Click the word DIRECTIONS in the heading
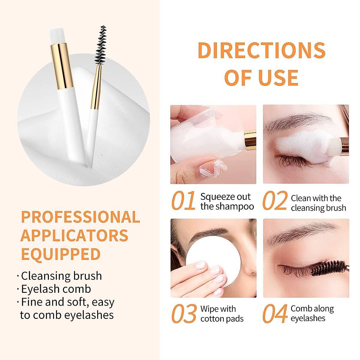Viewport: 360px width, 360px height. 262,50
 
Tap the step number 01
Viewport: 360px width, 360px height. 183,201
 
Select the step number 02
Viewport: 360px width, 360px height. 275,201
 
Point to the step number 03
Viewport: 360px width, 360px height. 183,314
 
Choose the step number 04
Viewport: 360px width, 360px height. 275,314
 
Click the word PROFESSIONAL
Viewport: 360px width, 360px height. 80,217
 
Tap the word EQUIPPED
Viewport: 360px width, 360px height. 61,254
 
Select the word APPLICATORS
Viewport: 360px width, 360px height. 74,235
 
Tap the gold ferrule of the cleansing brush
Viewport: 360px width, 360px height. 62,66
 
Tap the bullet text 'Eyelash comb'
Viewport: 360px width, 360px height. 56,289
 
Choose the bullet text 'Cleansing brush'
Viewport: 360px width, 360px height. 61,276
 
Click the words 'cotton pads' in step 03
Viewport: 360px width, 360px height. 222,319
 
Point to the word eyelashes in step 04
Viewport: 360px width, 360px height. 308,318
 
